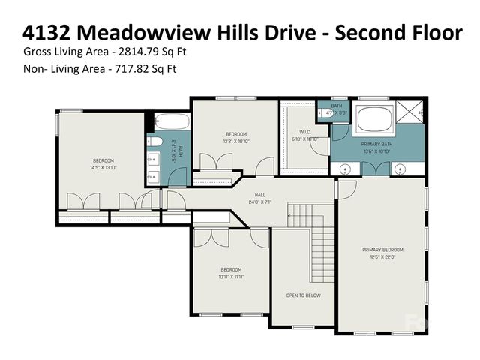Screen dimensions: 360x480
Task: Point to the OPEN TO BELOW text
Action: (x=303, y=295)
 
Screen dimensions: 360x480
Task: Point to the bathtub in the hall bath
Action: (x=173, y=121)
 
